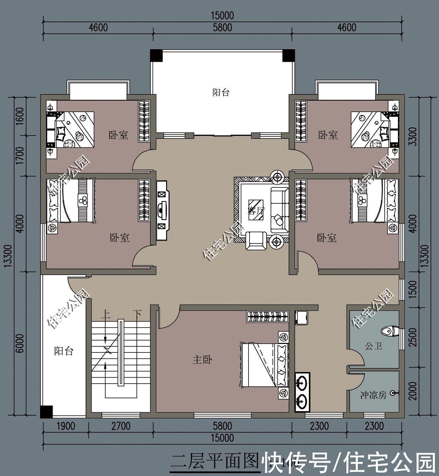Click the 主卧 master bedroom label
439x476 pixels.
pos(202,360)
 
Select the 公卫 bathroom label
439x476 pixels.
pos(373,346)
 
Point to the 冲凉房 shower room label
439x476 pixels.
pos(373,395)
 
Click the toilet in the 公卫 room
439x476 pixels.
pos(389,331)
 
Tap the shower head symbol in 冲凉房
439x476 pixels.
pos(393,393)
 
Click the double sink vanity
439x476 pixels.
pos(302,392)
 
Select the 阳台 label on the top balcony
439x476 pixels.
pos(221,92)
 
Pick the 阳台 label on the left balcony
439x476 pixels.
pos(64,351)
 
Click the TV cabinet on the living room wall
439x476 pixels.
pos(162,210)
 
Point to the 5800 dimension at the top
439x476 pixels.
pos(222,27)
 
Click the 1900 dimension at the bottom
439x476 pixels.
pos(65,426)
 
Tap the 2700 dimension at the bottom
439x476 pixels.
pos(121,426)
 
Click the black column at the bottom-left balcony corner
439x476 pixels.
pos(46,412)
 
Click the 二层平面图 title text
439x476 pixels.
pos(215,462)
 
